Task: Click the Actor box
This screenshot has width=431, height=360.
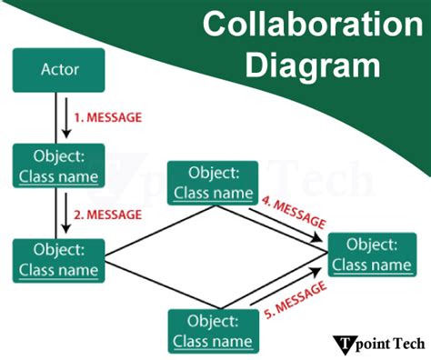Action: [x=59, y=69]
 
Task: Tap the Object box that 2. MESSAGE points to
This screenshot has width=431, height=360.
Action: [x=59, y=259]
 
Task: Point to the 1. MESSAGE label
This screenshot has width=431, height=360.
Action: [x=108, y=117]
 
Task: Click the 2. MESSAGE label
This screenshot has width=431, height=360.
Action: [x=108, y=215]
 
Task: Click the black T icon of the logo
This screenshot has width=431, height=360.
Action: [x=348, y=344]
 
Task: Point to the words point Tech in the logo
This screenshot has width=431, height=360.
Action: [x=391, y=345]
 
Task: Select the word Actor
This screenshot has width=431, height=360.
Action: [x=59, y=69]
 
